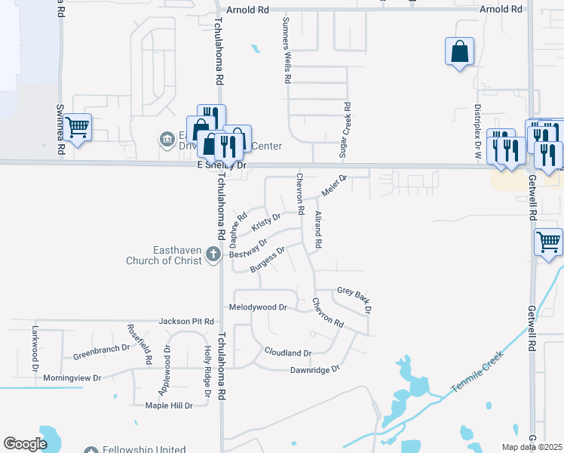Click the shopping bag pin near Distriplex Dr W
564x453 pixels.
pyautogui.click(x=459, y=52)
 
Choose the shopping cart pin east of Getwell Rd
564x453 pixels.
pyautogui.click(x=548, y=242)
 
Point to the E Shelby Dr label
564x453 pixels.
pyautogui.click(x=222, y=165)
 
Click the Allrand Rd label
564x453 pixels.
pyautogui.click(x=318, y=231)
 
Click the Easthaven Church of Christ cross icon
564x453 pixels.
pyautogui.click(x=213, y=254)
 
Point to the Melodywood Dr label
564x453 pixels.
pyautogui.click(x=259, y=307)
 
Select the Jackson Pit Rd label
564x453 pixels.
pyautogui.click(x=187, y=322)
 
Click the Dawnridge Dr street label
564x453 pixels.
pyautogui.click(x=316, y=369)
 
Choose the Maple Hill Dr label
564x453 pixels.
pyautogui.click(x=169, y=405)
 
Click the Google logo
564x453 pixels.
pyautogui.click(x=25, y=444)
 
